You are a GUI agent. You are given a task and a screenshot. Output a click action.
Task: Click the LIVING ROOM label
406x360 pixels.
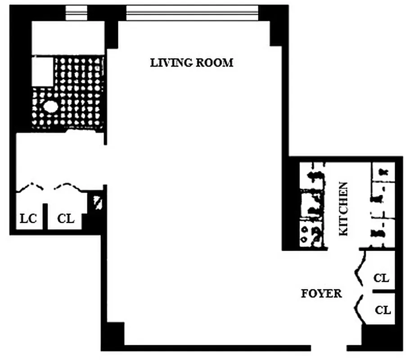coord(192,63)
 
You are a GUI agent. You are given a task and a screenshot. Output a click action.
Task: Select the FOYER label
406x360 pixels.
coord(321,294)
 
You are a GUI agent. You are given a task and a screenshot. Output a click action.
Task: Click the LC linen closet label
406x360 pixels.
coord(28,219)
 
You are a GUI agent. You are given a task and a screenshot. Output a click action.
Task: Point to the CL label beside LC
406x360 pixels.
coord(66,219)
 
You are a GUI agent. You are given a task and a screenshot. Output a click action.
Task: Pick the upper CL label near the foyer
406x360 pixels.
coord(381,278)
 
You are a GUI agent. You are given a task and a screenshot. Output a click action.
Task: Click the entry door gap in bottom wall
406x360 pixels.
coord(329,348)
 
